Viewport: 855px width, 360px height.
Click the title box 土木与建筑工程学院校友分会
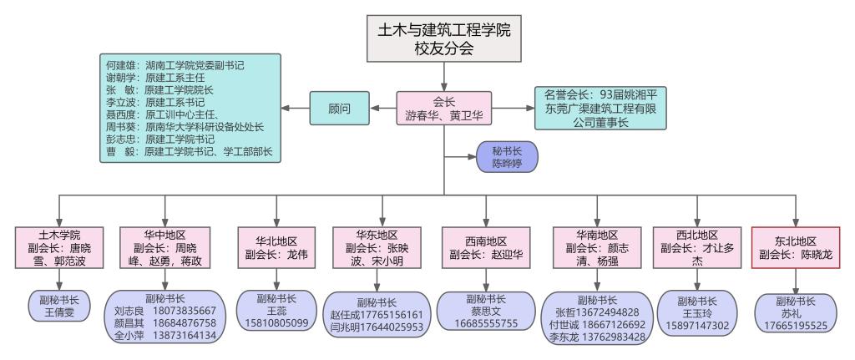tap(445, 39)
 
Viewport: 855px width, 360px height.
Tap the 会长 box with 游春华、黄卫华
tap(444, 109)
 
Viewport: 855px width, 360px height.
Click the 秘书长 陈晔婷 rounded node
tap(506, 155)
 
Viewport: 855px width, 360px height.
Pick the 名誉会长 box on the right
tap(600, 109)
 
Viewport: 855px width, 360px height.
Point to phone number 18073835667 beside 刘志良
tap(181, 310)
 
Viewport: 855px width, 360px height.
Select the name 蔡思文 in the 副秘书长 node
tap(485, 311)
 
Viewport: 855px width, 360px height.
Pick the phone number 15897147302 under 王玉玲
tap(696, 323)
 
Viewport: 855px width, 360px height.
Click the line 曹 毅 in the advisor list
tap(192, 153)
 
